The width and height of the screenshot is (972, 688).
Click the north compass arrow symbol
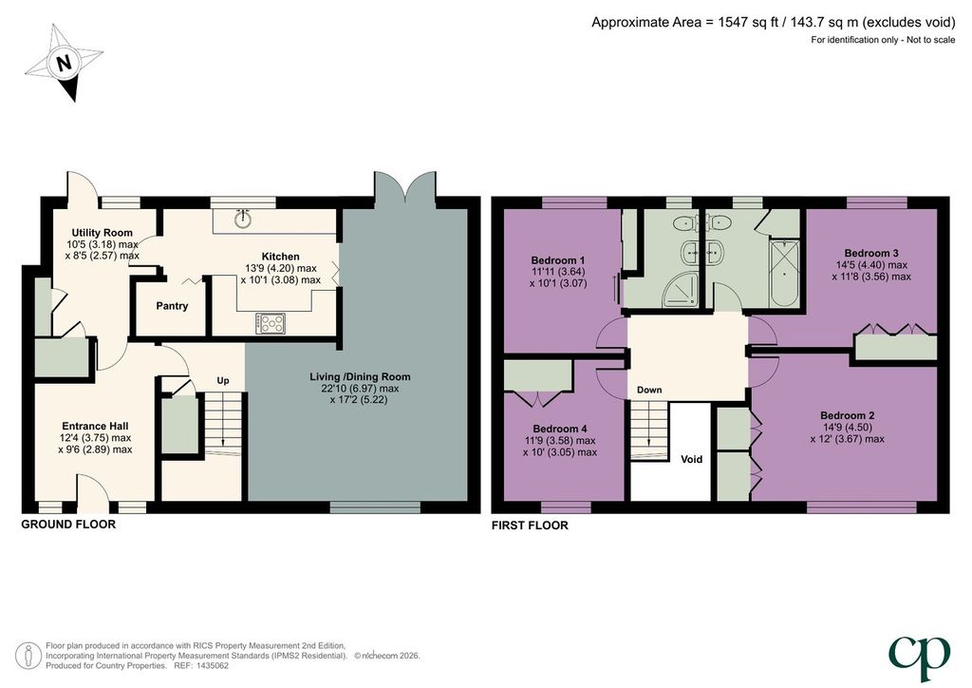[x=64, y=62]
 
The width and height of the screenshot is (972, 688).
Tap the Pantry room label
[x=172, y=306]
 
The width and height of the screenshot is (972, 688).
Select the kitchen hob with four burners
[x=271, y=322]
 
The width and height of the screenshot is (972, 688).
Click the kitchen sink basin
[x=242, y=219]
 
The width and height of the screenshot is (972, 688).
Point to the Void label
[x=691, y=459]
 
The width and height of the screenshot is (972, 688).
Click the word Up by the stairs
[x=222, y=380]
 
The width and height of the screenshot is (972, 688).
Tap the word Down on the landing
[x=649, y=390]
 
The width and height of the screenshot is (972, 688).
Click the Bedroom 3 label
[x=871, y=253]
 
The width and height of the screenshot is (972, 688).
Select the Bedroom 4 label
[x=560, y=429]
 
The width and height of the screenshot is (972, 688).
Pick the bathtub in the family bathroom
[x=784, y=273]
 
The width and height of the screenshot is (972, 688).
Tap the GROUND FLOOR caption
[x=68, y=525]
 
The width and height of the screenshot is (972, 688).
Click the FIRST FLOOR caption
[x=530, y=526]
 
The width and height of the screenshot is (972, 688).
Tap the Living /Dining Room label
[x=360, y=376]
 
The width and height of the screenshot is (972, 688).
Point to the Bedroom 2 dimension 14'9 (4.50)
[x=848, y=427]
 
